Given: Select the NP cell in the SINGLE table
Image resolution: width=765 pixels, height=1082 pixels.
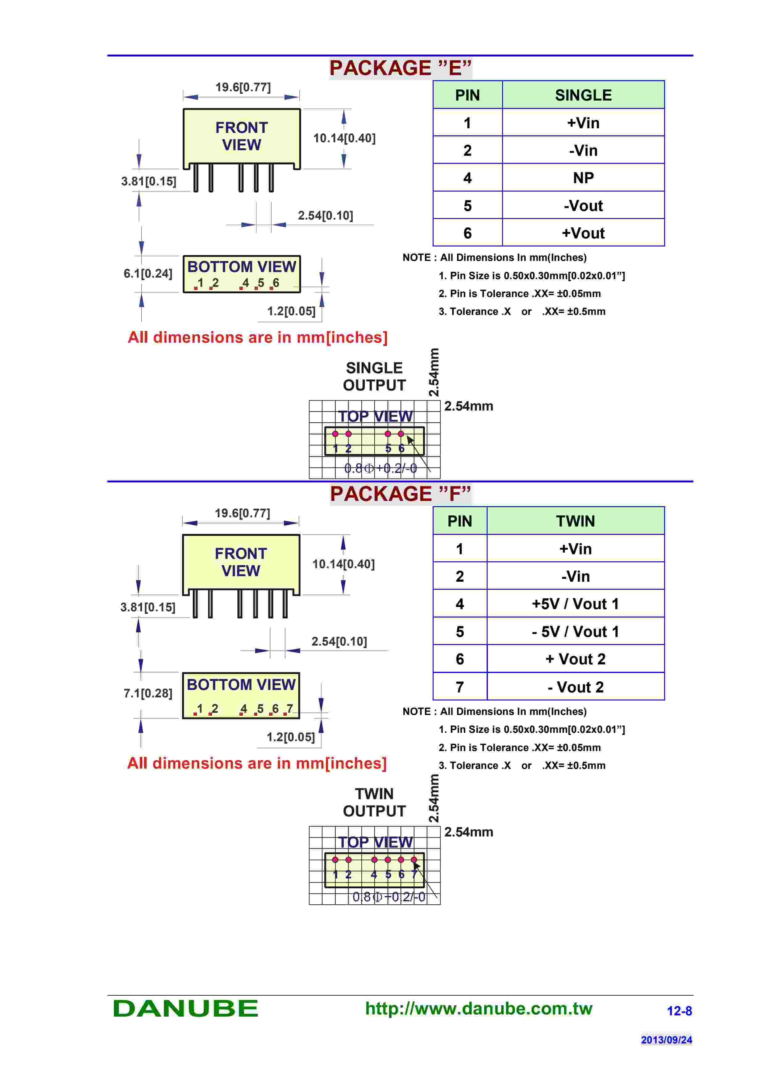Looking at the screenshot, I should click(583, 178).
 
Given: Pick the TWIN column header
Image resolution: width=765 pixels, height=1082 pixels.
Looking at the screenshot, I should click(575, 521).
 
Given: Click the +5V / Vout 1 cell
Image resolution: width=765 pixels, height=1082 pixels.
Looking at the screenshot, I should click(575, 604).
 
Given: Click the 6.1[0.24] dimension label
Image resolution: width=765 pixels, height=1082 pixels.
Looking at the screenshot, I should click(148, 273).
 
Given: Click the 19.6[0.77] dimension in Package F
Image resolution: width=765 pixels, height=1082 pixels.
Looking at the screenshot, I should click(242, 513).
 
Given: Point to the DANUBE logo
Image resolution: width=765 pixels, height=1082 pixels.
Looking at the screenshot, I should click(186, 1009).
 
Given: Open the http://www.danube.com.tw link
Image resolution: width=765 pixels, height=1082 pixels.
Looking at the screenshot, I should click(478, 1009).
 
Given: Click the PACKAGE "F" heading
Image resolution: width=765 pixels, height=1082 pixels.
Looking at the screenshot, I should click(400, 494).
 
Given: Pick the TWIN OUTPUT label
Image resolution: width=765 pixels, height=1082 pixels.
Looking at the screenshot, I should click(374, 802).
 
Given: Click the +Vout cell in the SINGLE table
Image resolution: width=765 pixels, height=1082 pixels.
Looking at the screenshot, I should click(583, 233).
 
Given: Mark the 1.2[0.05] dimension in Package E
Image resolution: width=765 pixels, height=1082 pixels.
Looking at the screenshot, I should click(291, 311).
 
